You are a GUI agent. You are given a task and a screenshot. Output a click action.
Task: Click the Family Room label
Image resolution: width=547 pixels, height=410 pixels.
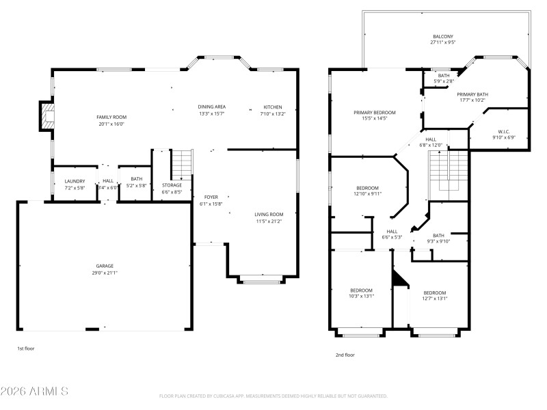click(111, 117)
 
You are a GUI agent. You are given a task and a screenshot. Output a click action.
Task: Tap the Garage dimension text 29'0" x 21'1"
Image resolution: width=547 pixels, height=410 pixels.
click(105, 273)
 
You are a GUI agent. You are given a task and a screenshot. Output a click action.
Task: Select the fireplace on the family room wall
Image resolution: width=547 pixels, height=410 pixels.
click(46, 116)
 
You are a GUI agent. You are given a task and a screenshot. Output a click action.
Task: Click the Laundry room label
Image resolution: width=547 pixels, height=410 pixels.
click(75, 181)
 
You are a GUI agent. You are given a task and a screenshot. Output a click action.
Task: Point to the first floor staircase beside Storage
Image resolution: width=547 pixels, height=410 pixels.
click(181, 165)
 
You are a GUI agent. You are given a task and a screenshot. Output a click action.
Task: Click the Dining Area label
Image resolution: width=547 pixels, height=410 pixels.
click(212, 107)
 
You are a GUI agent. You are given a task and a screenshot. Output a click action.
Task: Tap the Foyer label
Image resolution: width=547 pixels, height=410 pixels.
click(211, 197)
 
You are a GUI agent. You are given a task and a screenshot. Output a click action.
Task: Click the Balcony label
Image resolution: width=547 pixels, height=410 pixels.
click(442, 37)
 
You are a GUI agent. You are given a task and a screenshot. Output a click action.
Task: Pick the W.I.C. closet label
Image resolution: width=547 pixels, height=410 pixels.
click(505, 131)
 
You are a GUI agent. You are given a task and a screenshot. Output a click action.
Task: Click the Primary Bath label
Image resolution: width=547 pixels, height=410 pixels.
click(472, 94)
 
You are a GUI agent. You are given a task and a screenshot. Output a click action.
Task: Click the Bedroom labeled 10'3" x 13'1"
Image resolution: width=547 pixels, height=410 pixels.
click(361, 290)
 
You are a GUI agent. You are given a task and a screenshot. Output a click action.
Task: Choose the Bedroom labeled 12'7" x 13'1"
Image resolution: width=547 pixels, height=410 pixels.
click(434, 292)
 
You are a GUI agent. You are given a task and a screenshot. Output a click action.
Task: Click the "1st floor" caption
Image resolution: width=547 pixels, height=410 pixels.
click(25, 348)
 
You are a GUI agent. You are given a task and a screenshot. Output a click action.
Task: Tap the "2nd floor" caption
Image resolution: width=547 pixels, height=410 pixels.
click(345, 355)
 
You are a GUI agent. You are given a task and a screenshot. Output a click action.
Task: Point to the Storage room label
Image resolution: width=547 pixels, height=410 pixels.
click(172, 185)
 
